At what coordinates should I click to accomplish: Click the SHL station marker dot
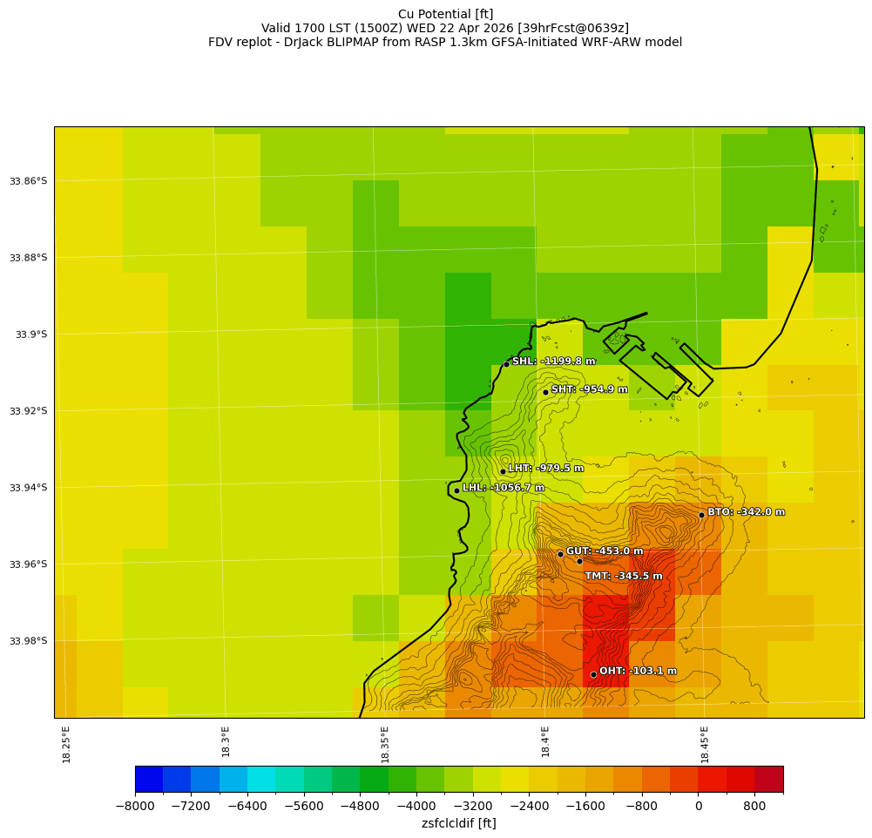pos(506,364)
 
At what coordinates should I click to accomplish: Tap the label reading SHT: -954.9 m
pos(589,389)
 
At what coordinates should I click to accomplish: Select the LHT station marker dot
pos(503,471)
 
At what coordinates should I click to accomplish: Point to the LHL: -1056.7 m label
pos(503,488)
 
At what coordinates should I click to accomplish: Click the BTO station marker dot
pos(701,515)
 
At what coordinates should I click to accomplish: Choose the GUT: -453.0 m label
pos(605,551)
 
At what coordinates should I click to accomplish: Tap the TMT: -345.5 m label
pos(623,576)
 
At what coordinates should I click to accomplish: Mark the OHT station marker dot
pos(593,674)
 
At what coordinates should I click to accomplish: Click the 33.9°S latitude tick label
pos(30,335)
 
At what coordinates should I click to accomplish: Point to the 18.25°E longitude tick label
pos(67,744)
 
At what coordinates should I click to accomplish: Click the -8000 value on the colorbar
pos(135,807)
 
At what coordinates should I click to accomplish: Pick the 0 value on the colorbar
pos(699,807)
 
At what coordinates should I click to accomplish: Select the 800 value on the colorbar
pos(754,807)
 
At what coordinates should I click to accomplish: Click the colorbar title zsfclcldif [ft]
pos(458,823)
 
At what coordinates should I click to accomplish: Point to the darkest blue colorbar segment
pos(149,779)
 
